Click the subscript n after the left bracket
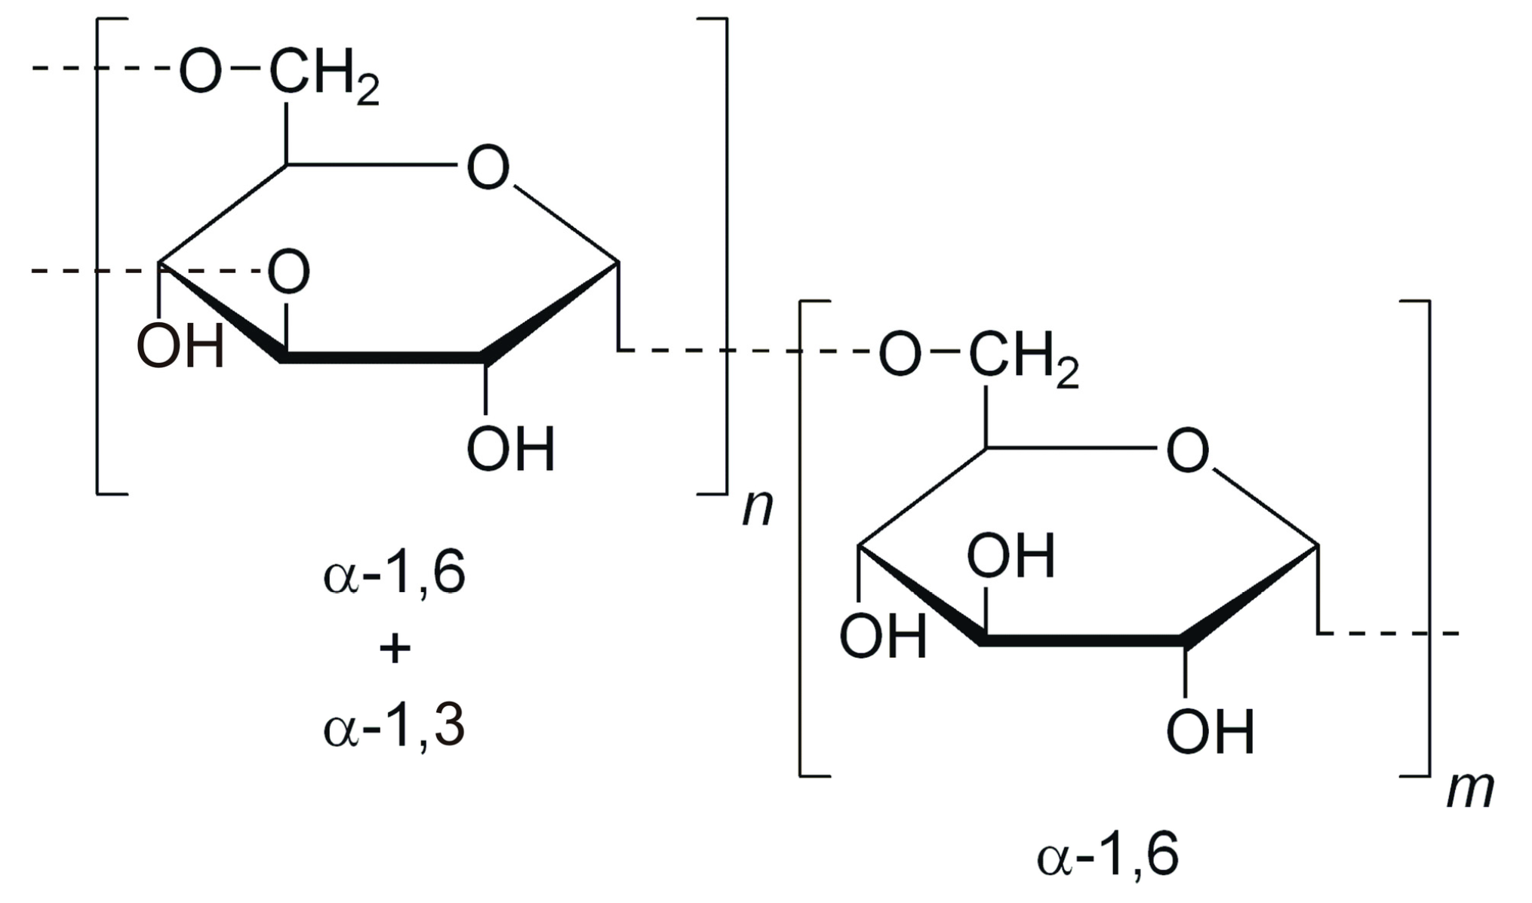[758, 508]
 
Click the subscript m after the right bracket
[1469, 791]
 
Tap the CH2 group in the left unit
[323, 75]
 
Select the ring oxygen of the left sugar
[488, 167]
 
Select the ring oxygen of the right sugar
[1187, 451]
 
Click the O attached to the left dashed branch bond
[288, 272]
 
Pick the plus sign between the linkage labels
[394, 649]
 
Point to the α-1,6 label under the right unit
[1107, 857]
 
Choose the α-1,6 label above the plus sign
[394, 575]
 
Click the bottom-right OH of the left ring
[511, 449]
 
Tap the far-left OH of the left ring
[180, 346]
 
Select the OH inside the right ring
[1011, 557]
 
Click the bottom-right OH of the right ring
[1211, 732]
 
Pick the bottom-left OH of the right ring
[883, 636]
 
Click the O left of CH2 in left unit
[200, 72]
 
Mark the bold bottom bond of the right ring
[1083, 640]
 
